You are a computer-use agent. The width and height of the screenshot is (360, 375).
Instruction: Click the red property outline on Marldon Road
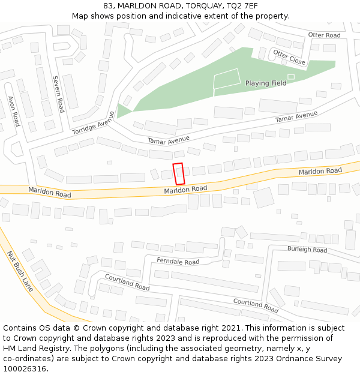[x=178, y=173]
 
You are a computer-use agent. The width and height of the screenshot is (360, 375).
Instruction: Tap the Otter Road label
[x=324, y=35]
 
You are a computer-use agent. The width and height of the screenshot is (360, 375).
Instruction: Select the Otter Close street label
[x=289, y=58]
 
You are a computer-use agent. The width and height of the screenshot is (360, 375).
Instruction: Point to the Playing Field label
[x=266, y=83]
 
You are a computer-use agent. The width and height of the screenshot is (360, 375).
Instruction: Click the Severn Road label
[x=58, y=94]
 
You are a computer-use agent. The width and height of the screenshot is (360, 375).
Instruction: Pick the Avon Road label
[x=14, y=111]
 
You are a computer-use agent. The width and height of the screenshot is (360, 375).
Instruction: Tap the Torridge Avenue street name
[x=93, y=123]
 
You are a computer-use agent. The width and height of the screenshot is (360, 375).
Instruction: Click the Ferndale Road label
[x=178, y=262]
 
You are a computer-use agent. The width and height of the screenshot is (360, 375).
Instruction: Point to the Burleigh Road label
[x=307, y=249]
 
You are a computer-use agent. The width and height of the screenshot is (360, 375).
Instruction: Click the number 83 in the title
[x=107, y=5]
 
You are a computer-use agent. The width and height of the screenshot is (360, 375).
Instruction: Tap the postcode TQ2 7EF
[x=241, y=5]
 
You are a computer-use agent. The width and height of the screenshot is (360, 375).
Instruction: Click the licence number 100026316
[x=25, y=369]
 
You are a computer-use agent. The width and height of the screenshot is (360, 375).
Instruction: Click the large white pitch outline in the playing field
[x=227, y=79]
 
